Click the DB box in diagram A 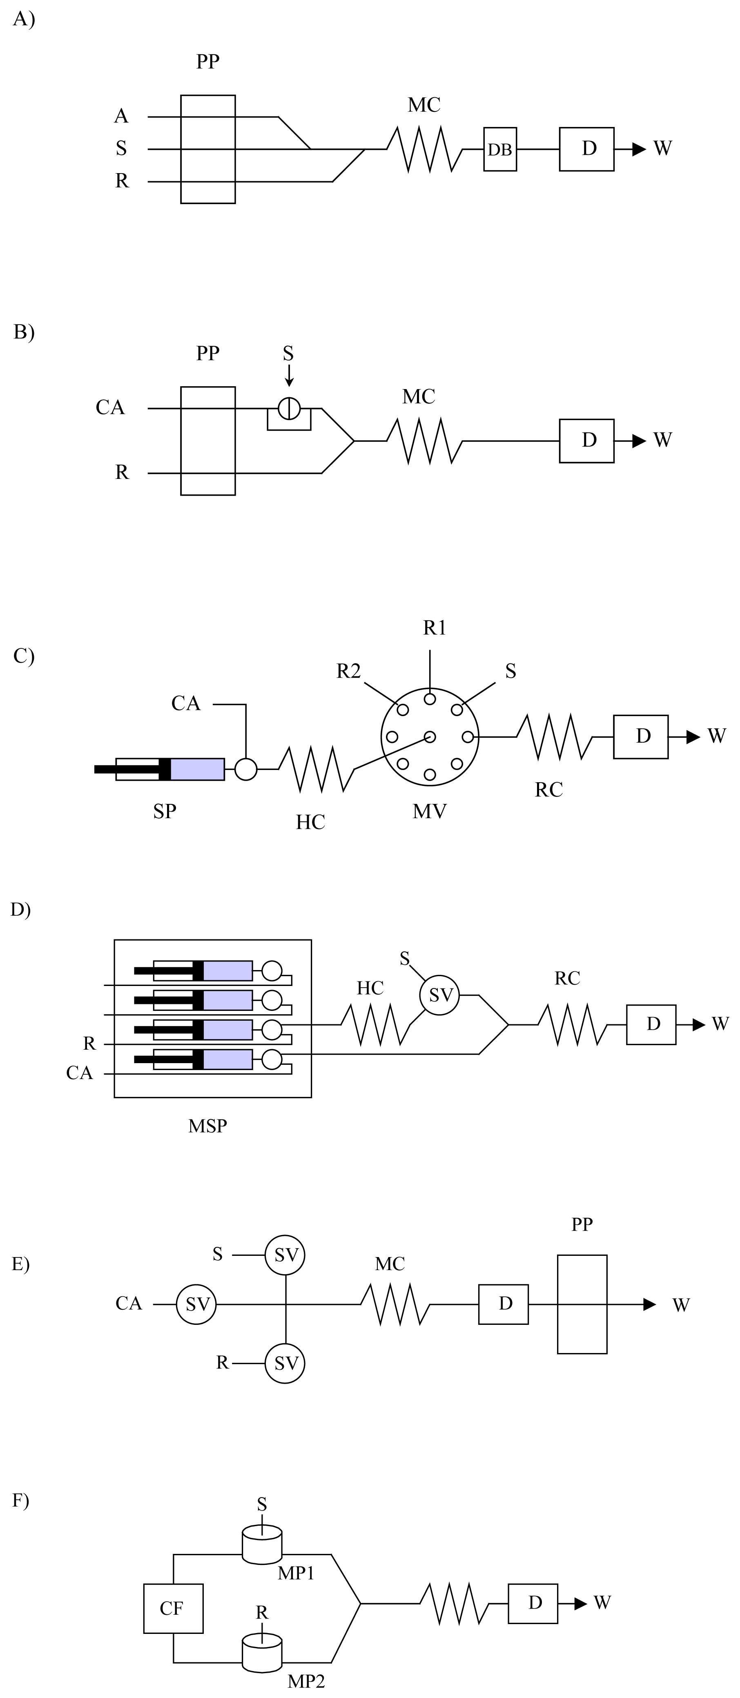(500, 149)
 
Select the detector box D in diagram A (586, 149)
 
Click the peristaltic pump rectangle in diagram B (208, 441)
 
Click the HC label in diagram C (310, 822)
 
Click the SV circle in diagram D (440, 995)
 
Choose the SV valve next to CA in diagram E (196, 1304)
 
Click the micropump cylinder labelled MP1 (262, 1547)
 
